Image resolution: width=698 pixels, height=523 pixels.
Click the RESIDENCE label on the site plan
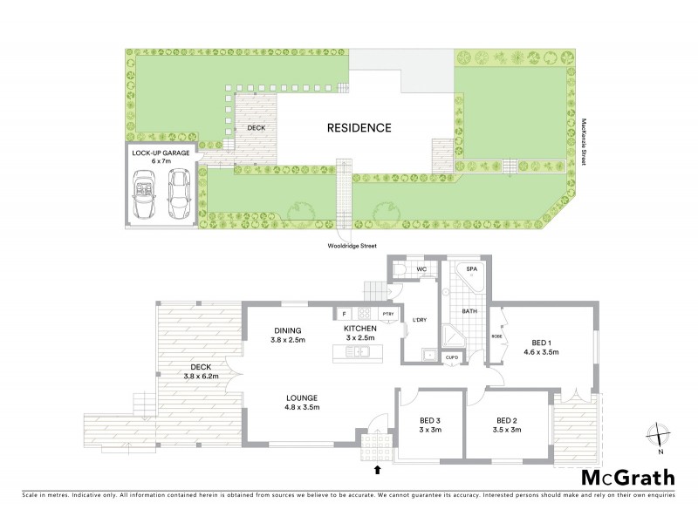point(359,127)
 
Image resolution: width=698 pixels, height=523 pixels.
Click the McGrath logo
point(628,477)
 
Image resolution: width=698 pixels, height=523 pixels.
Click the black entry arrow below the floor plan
point(378,470)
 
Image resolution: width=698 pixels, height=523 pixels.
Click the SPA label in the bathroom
point(471,269)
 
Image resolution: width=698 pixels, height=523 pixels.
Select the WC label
point(421,269)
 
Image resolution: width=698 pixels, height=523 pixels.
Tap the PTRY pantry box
point(388,314)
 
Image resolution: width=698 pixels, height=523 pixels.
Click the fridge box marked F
point(344,314)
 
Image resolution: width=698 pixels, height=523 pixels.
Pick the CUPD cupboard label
point(452,357)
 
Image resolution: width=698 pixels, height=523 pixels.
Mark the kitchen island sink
point(359,352)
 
